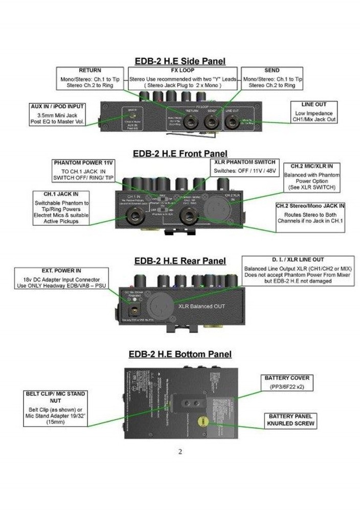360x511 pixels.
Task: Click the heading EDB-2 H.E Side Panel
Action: coord(179,61)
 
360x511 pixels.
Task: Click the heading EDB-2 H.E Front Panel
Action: coord(180,153)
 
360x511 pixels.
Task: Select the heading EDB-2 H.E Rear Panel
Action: coord(179,261)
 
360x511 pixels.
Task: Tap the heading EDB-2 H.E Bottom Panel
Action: coord(179,354)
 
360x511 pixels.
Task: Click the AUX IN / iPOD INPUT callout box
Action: coord(57,114)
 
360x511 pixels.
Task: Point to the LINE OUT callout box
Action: coord(313,112)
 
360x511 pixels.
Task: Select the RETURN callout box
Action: coord(90,78)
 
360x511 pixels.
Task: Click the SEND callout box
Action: coord(272,78)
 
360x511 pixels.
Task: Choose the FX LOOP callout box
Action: coord(182,78)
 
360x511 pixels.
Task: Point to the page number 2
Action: coord(179,451)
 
